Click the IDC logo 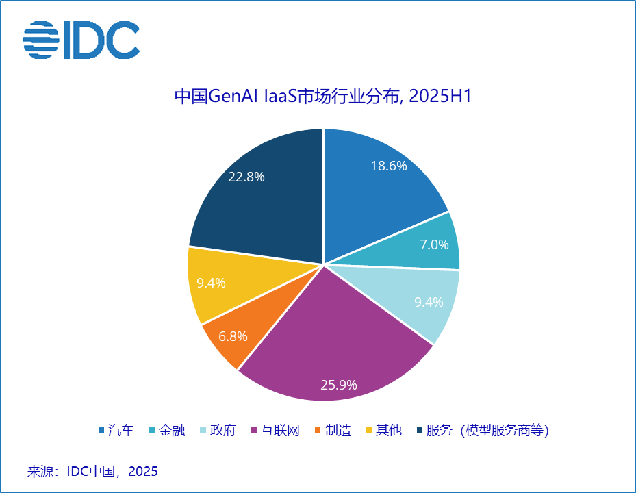click(x=81, y=39)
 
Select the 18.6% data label click(x=389, y=166)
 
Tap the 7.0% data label click(x=434, y=244)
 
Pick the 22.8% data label click(x=246, y=177)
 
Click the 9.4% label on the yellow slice click(x=211, y=282)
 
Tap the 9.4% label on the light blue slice click(x=429, y=301)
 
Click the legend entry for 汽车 click(x=116, y=431)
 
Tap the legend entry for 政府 click(x=218, y=431)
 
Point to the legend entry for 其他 click(x=383, y=431)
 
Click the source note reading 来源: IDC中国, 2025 click(x=92, y=471)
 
